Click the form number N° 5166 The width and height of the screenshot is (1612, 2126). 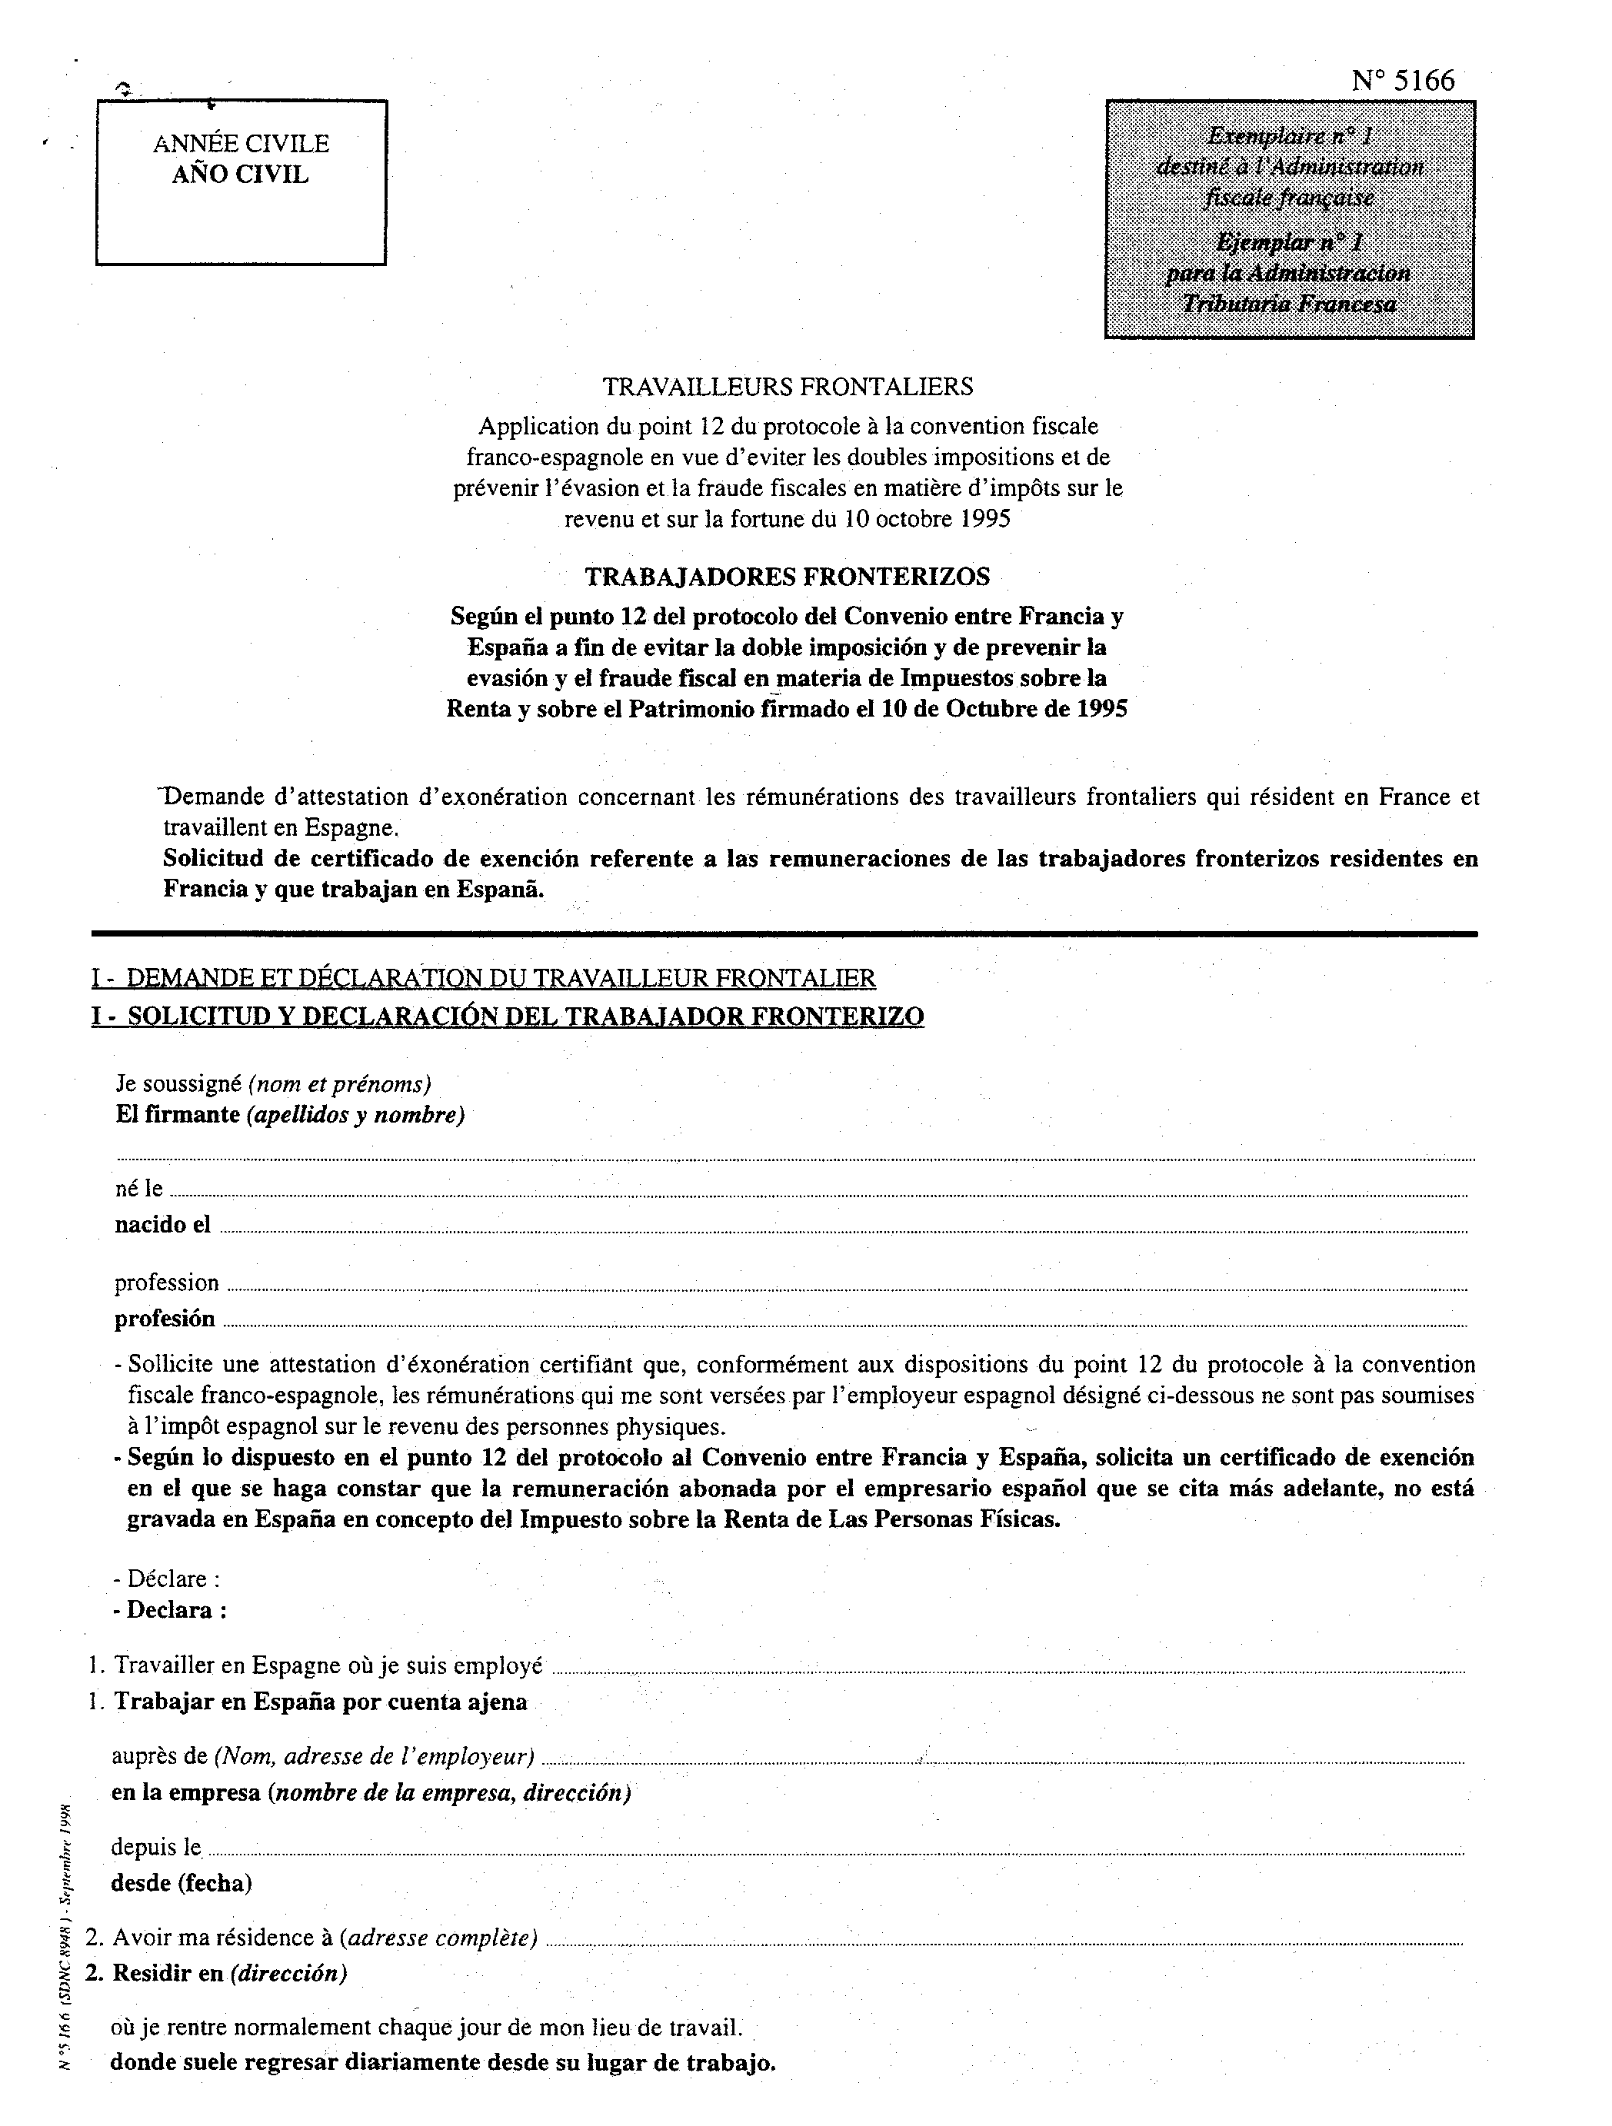tap(1403, 81)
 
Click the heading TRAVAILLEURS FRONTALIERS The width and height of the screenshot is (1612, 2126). tap(788, 388)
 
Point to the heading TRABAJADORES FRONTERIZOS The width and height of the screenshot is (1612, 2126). tap(788, 577)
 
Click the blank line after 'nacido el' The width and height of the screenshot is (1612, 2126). tap(841, 1229)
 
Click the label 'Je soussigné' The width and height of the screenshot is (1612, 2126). tap(178, 1084)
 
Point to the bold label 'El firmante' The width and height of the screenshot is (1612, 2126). tap(177, 1115)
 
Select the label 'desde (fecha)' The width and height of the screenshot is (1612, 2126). tap(182, 1883)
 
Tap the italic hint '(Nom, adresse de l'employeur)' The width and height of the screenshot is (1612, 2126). tap(374, 1757)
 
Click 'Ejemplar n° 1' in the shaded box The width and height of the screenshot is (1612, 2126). tap(1288, 240)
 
